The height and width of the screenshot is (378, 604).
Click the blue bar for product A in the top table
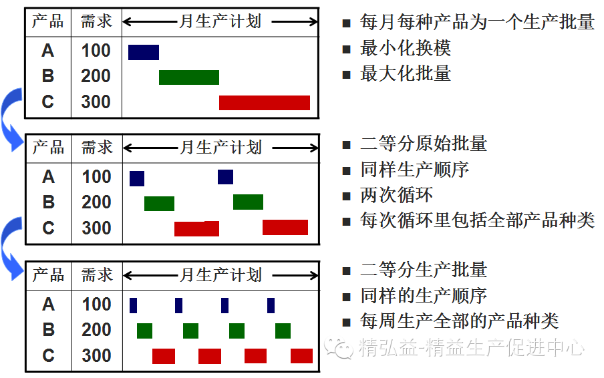[144, 52]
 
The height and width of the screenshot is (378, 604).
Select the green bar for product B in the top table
[189, 77]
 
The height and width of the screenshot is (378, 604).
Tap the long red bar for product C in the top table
[265, 103]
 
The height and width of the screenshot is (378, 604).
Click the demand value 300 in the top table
[96, 102]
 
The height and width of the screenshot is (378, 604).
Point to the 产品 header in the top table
[48, 21]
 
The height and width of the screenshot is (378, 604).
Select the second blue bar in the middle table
[225, 177]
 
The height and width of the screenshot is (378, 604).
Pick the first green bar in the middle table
[159, 203]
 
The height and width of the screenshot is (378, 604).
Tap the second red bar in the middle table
[285, 228]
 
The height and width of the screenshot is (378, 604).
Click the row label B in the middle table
[48, 202]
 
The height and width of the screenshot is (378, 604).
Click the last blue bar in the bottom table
[271, 305]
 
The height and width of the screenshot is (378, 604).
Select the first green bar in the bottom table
[144, 331]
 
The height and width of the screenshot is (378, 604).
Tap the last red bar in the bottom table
[301, 356]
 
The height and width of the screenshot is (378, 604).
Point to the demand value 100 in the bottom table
[96, 305]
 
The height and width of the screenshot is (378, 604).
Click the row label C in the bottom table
[48, 355]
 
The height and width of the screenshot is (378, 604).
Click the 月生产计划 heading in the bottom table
[220, 275]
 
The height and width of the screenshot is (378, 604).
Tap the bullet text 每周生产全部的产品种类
[459, 321]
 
